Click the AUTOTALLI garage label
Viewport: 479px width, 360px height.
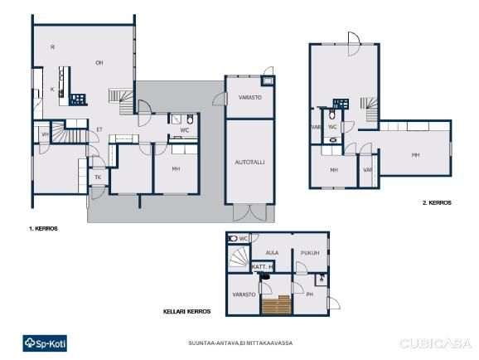pos(249,163)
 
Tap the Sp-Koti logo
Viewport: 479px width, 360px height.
pos(45,343)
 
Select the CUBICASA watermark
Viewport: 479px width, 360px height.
pos(435,343)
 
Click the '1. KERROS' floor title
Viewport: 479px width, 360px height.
pos(43,228)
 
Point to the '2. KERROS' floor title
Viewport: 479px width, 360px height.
pos(437,202)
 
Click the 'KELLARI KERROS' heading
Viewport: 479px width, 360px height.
pos(186,312)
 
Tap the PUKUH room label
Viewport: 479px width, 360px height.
pos(310,253)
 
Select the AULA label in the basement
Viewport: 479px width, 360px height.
pos(272,253)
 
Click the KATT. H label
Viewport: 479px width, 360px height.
pos(262,267)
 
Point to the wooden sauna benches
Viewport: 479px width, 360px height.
pos(277,305)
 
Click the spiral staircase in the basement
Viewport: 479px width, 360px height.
pos(239,256)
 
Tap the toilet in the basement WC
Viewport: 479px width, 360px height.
pos(233,238)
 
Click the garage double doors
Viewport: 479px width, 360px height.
pos(250,212)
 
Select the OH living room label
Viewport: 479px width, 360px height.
pos(99,63)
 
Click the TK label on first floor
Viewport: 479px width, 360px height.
pos(98,178)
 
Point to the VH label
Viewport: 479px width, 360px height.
pos(46,134)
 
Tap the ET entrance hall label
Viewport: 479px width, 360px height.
pos(99,129)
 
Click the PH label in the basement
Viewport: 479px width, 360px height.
pos(309,294)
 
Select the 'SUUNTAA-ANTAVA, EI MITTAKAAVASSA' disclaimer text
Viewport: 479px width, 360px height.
pos(240,343)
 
